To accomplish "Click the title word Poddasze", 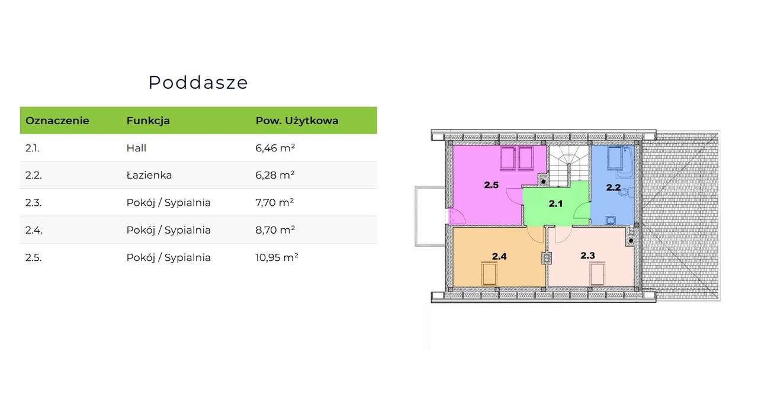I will coord(198,82).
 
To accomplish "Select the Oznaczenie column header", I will coord(57,121).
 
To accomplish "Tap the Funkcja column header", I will coord(148,121).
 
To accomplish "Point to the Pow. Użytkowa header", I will coord(297,121).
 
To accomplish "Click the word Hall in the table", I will coord(136,148).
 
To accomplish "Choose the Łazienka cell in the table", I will coord(149,175).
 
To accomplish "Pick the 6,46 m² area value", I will coord(275,148).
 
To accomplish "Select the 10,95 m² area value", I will coord(277,257).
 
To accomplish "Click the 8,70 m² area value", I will coord(275,230).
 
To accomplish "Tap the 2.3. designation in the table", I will coord(33,202).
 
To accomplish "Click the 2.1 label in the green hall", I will coord(555,204).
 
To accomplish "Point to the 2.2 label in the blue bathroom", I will coord(613,188).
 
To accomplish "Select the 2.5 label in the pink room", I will coord(491,185).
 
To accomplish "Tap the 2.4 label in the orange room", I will coord(499,256).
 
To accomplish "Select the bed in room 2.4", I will coord(489,274).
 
